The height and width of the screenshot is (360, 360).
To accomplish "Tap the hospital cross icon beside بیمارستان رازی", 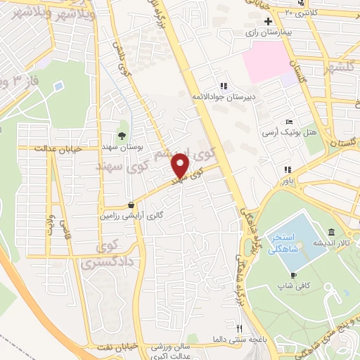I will (269, 22).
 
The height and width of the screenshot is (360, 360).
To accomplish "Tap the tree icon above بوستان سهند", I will (123, 136).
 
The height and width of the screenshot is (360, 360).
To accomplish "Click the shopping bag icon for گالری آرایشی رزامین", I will (131, 205).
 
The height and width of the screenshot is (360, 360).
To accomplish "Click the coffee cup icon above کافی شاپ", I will (293, 275).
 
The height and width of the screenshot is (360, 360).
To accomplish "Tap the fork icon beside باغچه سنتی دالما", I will (239, 328).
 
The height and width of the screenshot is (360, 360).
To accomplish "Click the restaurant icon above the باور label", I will (287, 169).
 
